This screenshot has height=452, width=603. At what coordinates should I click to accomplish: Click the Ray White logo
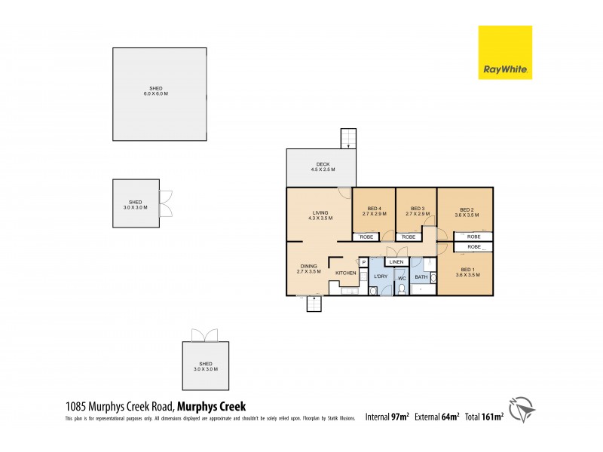tap(505, 52)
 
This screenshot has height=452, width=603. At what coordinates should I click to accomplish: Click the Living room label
tap(320, 215)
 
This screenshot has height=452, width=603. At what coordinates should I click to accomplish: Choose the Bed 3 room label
tap(418, 211)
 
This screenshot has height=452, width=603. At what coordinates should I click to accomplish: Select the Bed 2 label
tap(466, 212)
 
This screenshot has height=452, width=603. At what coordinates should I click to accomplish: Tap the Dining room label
tap(308, 268)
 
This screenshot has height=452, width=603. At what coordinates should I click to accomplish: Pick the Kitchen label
tap(345, 273)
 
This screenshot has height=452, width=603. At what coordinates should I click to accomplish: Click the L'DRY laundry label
tap(381, 277)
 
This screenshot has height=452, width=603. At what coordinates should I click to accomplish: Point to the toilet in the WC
tap(402, 289)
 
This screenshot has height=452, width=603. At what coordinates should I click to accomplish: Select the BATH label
tap(421, 277)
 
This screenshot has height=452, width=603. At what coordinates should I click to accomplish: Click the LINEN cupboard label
tap(396, 261)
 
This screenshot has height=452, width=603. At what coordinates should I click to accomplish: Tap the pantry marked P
tap(363, 262)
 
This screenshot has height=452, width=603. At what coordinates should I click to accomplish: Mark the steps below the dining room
tap(314, 304)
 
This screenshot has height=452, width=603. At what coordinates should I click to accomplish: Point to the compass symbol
tap(522, 410)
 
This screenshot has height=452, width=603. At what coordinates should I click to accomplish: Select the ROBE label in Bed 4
tap(367, 237)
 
